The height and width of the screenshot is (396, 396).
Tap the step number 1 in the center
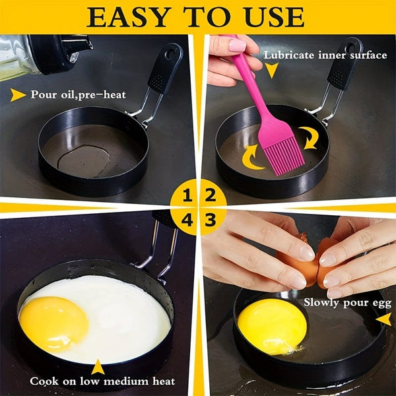pos(187,196)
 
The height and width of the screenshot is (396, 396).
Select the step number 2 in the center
pos(211,196)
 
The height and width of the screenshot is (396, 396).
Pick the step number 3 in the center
pos(211,220)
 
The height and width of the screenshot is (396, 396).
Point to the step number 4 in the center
pos(187,220)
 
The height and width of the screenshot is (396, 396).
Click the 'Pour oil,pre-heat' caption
pos(78,94)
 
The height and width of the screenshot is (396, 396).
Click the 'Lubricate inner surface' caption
pos(325,55)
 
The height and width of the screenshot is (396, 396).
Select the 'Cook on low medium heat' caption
pos(102,381)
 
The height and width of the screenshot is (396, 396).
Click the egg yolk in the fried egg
pos(53,323)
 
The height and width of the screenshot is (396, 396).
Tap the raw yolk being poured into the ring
pos(271,325)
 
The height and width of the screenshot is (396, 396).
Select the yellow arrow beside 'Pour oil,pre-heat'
pos(18,95)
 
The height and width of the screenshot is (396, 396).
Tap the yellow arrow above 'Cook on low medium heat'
pos(98,366)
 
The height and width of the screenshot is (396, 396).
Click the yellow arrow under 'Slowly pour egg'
pos(383,319)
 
